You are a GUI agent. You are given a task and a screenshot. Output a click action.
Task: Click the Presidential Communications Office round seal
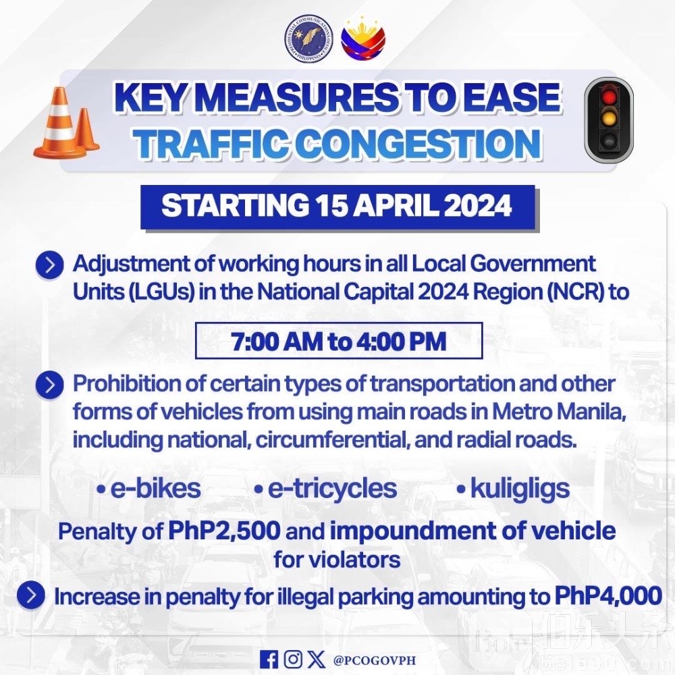click(x=310, y=38)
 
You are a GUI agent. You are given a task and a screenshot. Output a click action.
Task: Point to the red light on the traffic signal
click(x=608, y=97)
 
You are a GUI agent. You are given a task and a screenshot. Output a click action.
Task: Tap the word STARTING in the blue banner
click(x=235, y=205)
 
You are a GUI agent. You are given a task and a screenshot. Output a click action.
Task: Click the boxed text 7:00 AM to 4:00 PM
click(x=339, y=341)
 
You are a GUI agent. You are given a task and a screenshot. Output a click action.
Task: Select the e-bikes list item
click(x=149, y=489)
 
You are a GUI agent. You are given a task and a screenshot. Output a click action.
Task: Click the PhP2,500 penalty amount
click(x=224, y=531)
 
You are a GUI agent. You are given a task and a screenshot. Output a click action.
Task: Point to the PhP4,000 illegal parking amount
click(x=608, y=597)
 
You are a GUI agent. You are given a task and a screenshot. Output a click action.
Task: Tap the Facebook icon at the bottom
click(x=269, y=659)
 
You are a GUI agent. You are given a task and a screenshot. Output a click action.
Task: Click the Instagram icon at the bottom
click(x=293, y=659)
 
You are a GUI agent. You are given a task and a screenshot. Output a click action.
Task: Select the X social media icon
click(x=317, y=659)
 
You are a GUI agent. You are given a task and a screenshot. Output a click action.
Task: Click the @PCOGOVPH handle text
click(x=375, y=660)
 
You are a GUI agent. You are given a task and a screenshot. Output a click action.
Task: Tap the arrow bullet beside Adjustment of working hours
click(x=50, y=265)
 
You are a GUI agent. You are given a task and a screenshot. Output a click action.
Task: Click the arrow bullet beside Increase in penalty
click(x=31, y=595)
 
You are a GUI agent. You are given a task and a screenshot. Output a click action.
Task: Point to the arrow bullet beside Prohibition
click(x=50, y=385)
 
